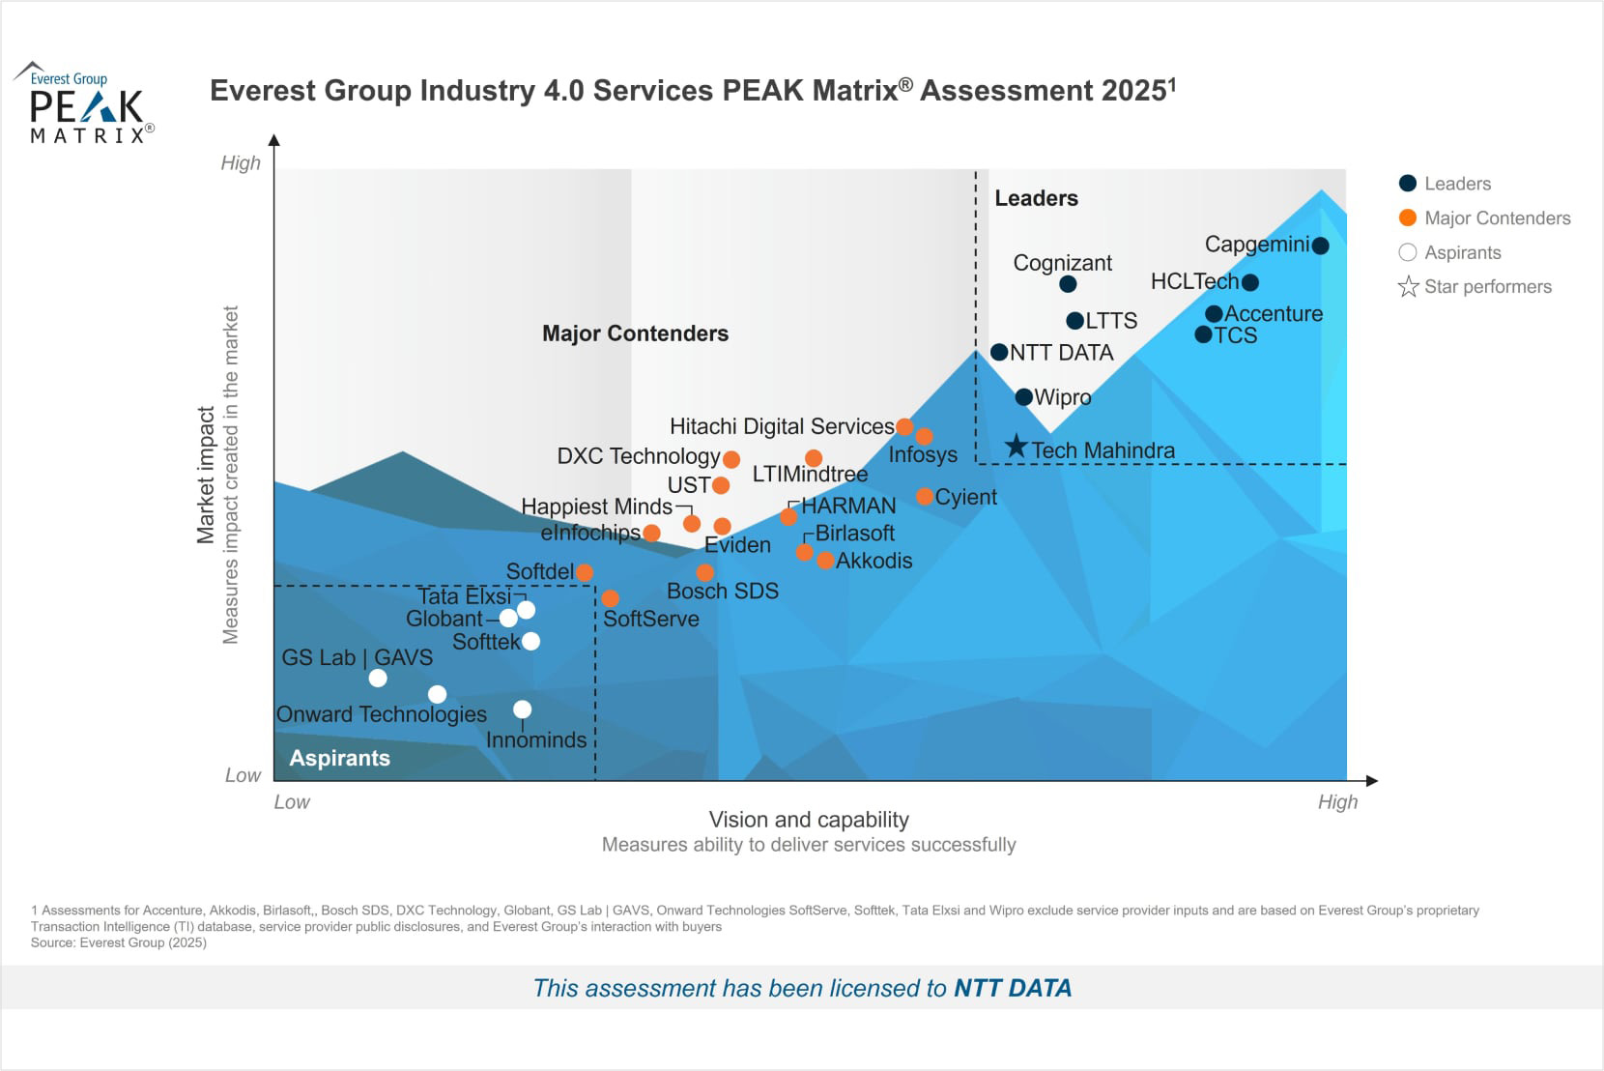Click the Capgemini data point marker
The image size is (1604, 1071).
coord(1321,246)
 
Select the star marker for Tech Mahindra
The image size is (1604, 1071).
coord(1016,447)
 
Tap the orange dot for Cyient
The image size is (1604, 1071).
coord(925,497)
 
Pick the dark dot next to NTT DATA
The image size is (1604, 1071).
coord(999,353)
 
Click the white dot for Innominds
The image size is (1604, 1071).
coord(522,709)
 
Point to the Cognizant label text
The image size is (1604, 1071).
coord(1062,263)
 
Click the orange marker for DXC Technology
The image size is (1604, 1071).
coord(731,460)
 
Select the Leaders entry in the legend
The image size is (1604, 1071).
coord(1456,184)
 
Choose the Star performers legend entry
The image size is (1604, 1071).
coord(1486,287)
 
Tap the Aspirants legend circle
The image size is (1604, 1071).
coord(1408,252)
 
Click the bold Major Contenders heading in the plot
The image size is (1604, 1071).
coord(635,333)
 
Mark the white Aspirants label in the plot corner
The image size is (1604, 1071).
coord(339,759)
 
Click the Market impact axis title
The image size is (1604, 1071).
coord(206,475)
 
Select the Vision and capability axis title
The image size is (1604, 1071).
coord(809,820)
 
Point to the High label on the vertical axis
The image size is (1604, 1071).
coord(241,163)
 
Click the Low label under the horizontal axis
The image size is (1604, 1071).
coord(292,802)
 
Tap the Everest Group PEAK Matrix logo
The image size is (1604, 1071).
coord(84,103)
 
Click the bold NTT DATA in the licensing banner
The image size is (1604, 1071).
coord(1013,988)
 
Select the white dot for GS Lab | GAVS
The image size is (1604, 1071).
coord(378,679)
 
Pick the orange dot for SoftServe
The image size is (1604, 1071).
coord(610,598)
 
